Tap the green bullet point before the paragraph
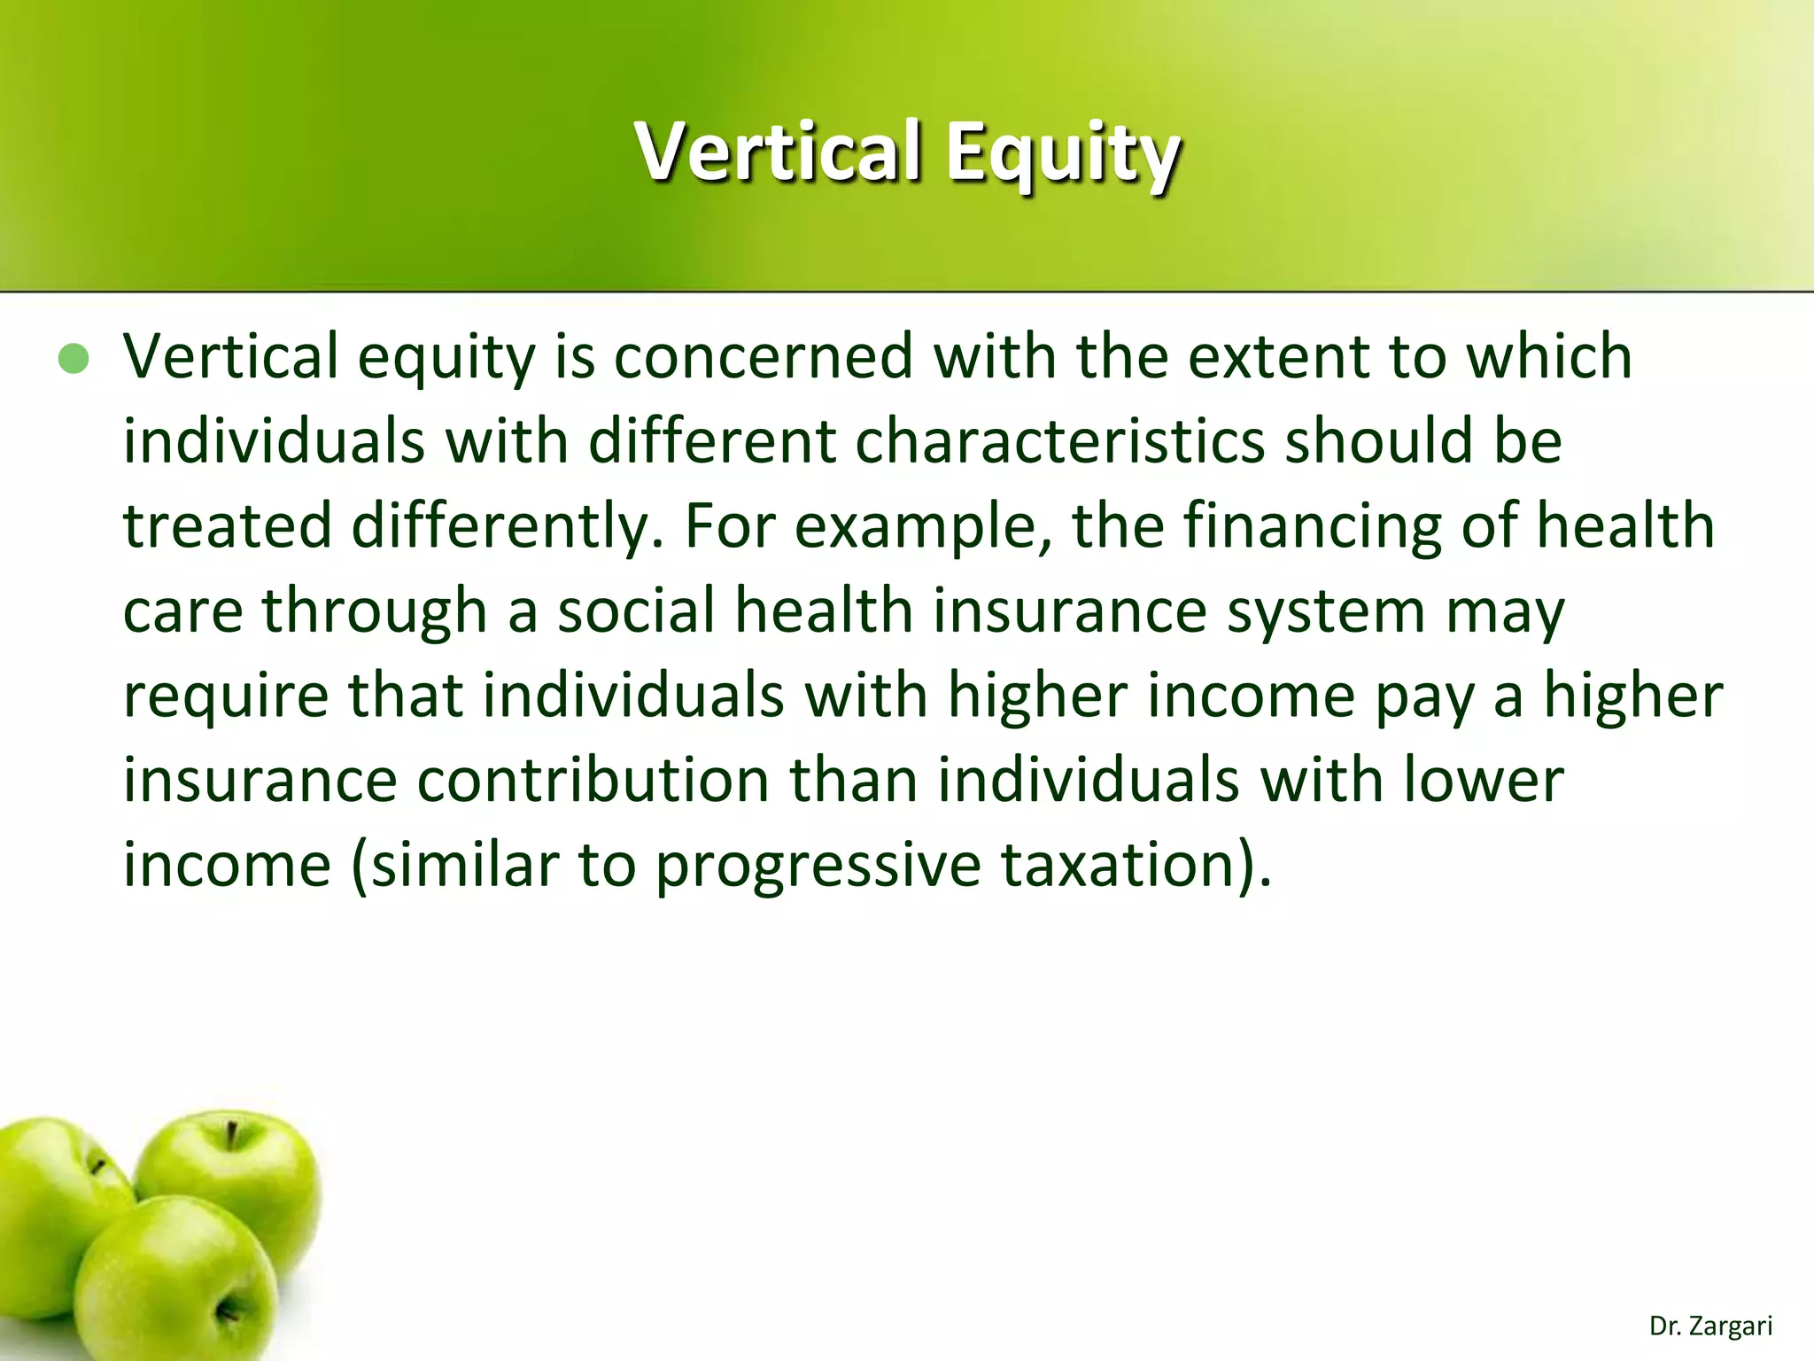tap(74, 359)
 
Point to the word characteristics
tap(1059, 440)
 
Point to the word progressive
tap(818, 866)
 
